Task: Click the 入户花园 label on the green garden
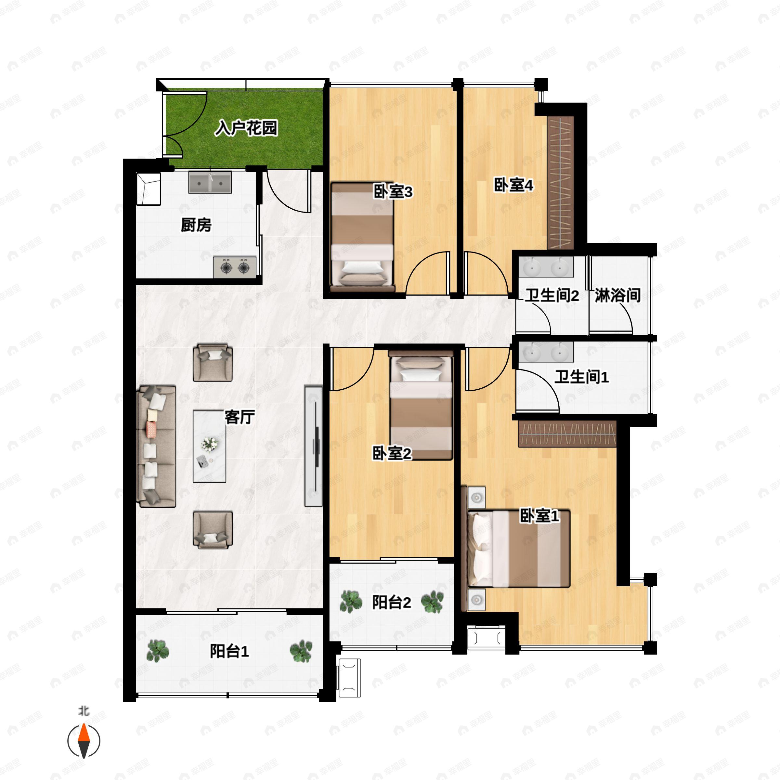(x=246, y=128)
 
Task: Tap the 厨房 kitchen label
(x=196, y=225)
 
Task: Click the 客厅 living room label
(x=240, y=417)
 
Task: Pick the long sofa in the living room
(x=157, y=446)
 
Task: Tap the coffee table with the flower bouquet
(x=209, y=446)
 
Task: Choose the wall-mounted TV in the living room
(x=314, y=446)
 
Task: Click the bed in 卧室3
(x=362, y=237)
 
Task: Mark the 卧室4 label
(x=514, y=185)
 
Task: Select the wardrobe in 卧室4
(x=560, y=182)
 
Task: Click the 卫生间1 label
(x=581, y=377)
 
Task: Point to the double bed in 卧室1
(x=519, y=549)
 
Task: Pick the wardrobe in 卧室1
(x=567, y=434)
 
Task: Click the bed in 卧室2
(x=421, y=405)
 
